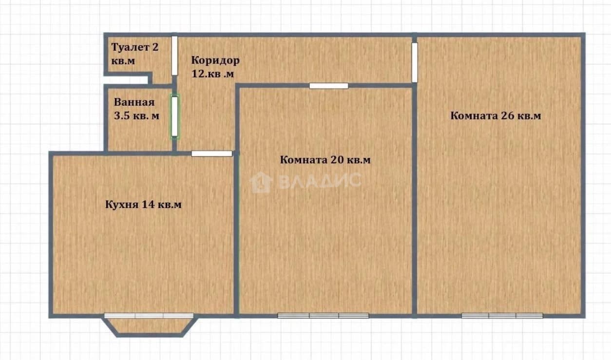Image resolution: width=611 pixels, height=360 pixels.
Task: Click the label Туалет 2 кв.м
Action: (135, 54)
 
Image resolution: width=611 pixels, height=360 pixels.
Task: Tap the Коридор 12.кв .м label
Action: (215, 67)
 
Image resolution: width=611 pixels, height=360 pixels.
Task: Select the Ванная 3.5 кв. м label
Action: (136, 109)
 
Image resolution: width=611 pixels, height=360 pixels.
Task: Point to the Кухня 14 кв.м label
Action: (143, 205)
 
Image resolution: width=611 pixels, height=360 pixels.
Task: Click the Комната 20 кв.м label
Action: (325, 160)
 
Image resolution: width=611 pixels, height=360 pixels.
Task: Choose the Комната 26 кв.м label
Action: (496, 115)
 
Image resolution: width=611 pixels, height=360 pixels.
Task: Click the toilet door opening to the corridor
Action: (174, 56)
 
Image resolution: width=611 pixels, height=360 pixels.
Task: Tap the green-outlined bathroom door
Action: (174, 117)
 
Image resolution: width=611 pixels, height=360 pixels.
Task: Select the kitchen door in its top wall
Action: (211, 154)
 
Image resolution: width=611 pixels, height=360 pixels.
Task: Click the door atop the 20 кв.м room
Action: (329, 86)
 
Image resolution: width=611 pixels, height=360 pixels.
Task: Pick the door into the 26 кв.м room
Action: (415, 62)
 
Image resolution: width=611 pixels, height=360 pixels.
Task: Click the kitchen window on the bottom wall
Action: (149, 316)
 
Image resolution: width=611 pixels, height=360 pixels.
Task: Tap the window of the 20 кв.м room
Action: (323, 316)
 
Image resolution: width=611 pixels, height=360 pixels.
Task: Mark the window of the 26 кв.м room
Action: (502, 316)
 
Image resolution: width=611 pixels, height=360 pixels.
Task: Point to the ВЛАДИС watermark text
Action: (321, 181)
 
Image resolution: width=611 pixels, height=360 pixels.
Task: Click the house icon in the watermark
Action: (261, 182)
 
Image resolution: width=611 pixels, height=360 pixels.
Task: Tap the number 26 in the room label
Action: (508, 115)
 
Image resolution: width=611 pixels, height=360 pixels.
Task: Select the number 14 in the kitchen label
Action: (148, 205)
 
